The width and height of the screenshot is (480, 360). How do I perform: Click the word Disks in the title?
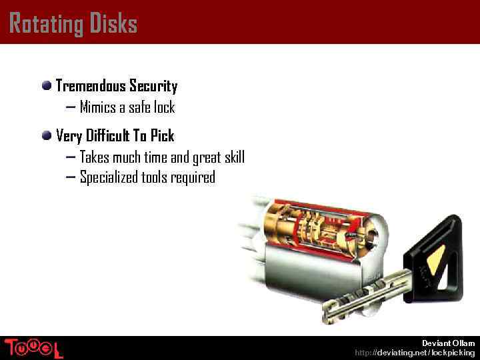point(111,24)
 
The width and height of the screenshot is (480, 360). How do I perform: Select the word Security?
point(153,86)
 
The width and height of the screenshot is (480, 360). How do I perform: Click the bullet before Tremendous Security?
point(47,85)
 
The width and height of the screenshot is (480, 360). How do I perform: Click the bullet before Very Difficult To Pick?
point(47,135)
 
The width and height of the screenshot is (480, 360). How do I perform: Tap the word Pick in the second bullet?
point(162,136)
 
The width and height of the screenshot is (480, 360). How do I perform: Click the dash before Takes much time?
point(71,157)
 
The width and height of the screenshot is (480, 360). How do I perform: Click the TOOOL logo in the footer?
point(33,348)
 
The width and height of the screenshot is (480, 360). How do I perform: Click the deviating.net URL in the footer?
point(415,353)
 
